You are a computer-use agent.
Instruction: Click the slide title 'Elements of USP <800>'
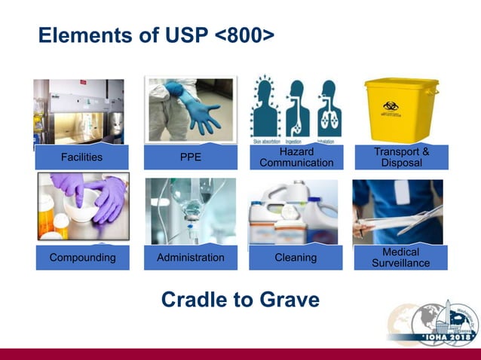pyautogui.click(x=155, y=35)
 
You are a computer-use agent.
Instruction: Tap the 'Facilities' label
pyautogui.click(x=81, y=157)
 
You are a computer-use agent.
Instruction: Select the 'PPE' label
pyautogui.click(x=190, y=157)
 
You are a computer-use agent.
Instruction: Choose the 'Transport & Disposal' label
pyautogui.click(x=401, y=157)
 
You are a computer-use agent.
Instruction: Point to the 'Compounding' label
pyautogui.click(x=82, y=258)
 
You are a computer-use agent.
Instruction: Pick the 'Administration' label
pyautogui.click(x=190, y=258)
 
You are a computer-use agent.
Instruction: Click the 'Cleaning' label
pyautogui.click(x=296, y=258)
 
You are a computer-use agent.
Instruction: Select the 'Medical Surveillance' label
pyautogui.click(x=400, y=258)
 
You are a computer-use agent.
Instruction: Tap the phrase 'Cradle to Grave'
pyautogui.click(x=240, y=300)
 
